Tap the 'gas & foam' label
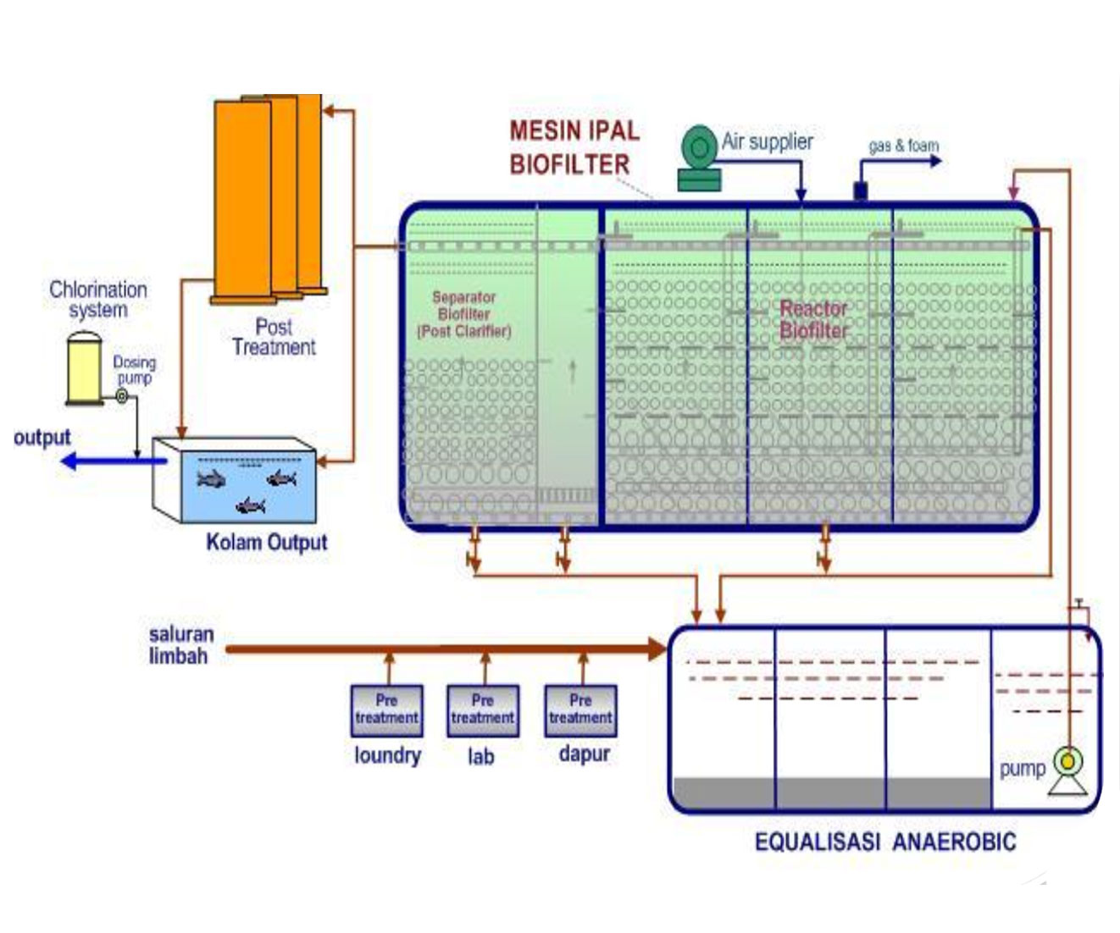coord(903,146)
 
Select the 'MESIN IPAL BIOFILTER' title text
coord(574,147)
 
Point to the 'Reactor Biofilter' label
coord(813,319)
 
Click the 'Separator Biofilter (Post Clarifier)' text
coord(463,314)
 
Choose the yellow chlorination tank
coord(84,369)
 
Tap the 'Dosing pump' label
coord(134,369)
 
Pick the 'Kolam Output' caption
coord(266,542)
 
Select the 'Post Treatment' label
coord(274,337)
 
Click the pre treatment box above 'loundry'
coord(386,709)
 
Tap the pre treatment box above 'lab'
coord(483,709)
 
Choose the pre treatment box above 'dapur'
coord(580,709)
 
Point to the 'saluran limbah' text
coord(180,645)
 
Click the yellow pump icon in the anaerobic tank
coord(1068,763)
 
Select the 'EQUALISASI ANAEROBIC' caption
coord(884,842)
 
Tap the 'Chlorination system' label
coord(98,300)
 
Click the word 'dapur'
coord(584,754)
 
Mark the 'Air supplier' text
coord(767,141)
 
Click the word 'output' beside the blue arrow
coord(42,438)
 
